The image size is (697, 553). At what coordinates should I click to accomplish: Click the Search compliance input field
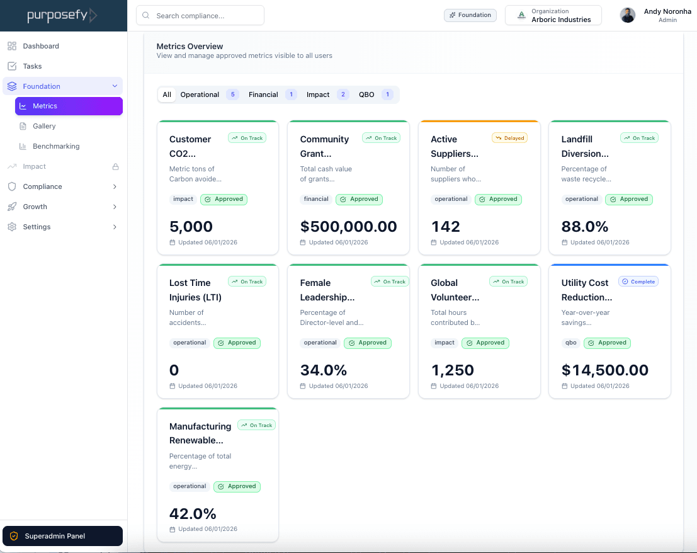[200, 16]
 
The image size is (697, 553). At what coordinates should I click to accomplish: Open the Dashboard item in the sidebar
[41, 46]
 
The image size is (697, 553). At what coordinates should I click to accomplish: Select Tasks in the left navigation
[32, 66]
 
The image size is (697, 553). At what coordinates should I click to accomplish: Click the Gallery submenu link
[44, 126]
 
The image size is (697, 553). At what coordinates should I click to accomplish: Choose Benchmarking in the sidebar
[56, 146]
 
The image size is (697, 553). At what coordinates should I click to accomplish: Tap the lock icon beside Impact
[115, 167]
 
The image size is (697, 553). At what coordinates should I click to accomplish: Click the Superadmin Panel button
[62, 536]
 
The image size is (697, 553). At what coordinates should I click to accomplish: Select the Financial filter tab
[263, 94]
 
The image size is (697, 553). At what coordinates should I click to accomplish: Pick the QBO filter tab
[366, 94]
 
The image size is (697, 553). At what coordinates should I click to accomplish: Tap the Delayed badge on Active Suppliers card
[509, 138]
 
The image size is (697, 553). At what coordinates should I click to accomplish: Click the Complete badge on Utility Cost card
[638, 282]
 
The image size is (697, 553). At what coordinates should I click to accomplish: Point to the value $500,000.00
[348, 227]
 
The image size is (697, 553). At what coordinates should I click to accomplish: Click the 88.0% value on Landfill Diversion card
[585, 227]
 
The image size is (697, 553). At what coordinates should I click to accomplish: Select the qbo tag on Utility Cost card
[570, 343]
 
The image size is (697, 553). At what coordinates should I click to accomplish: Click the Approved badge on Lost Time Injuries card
[237, 343]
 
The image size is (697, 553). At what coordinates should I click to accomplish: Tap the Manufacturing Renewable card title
[200, 433]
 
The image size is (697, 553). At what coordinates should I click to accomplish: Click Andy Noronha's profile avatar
[628, 15]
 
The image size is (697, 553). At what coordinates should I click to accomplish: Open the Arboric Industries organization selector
[553, 15]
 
